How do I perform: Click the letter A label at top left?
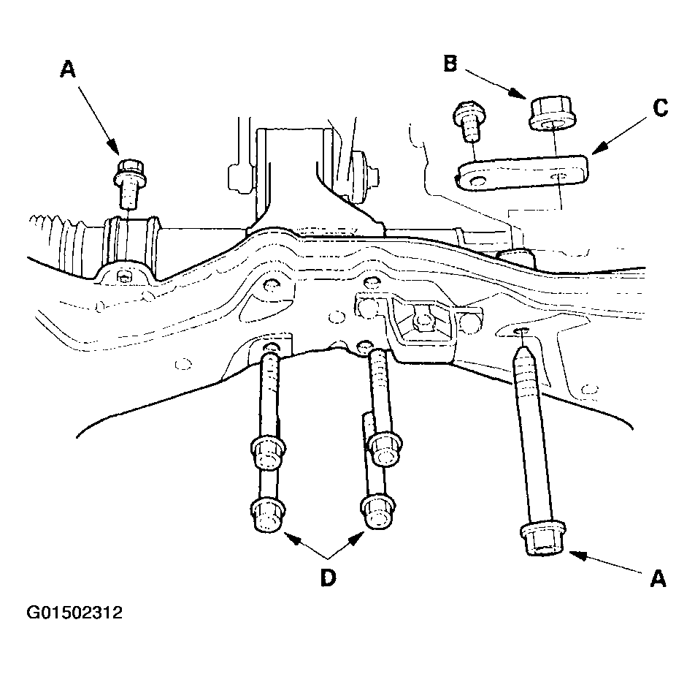[68, 69]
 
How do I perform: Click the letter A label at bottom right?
[658, 578]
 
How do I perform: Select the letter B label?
[450, 63]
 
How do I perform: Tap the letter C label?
[661, 107]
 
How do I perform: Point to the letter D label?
[328, 578]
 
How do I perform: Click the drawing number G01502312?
[74, 613]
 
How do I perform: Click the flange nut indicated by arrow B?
[553, 113]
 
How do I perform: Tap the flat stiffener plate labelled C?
[523, 173]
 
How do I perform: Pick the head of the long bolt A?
[542, 539]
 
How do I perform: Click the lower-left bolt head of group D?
[268, 514]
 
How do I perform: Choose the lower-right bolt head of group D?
[378, 513]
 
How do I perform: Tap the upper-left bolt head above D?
[268, 453]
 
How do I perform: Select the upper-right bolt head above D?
[385, 449]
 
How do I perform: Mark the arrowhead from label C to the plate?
[599, 148]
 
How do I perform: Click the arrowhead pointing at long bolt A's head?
[577, 555]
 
